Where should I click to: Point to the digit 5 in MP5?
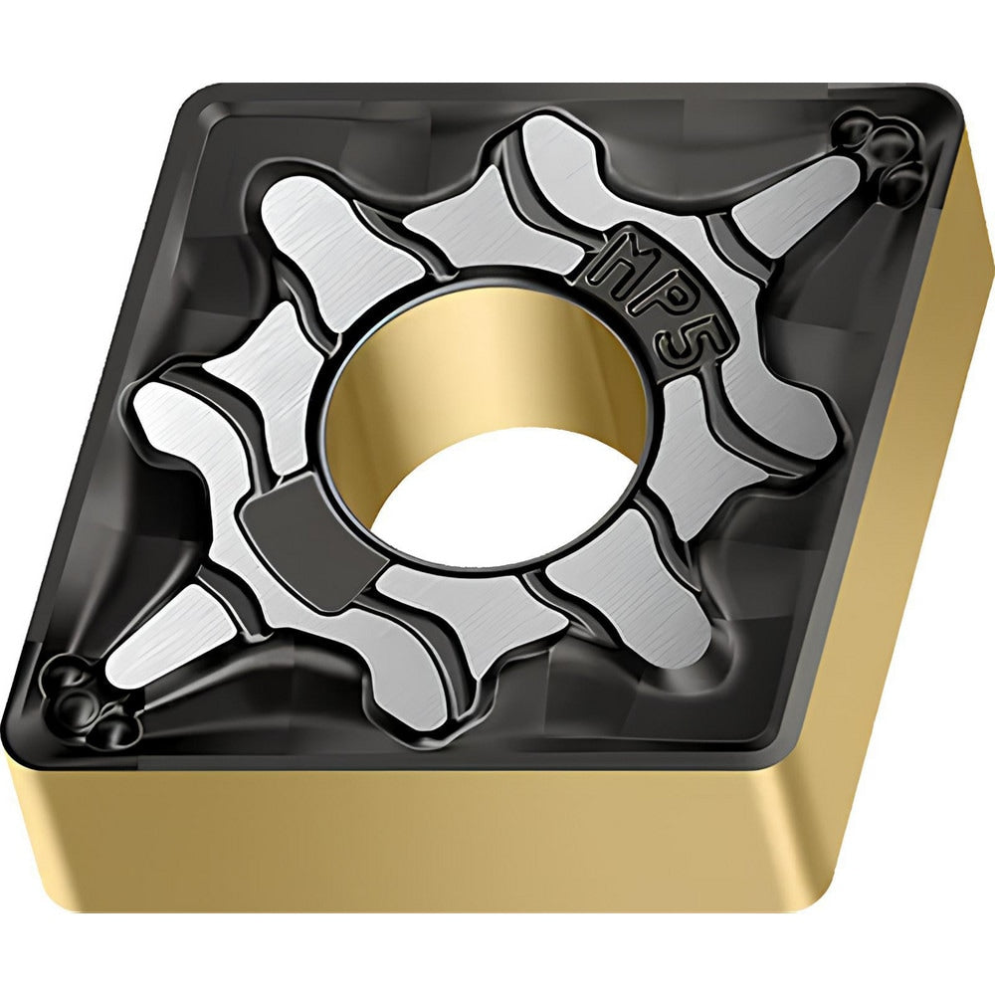tap(695, 346)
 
